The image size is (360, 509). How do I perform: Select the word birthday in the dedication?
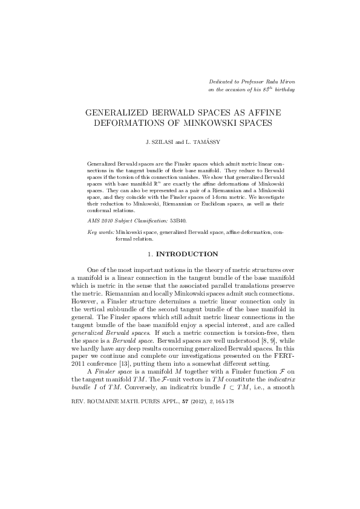tap(284, 89)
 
